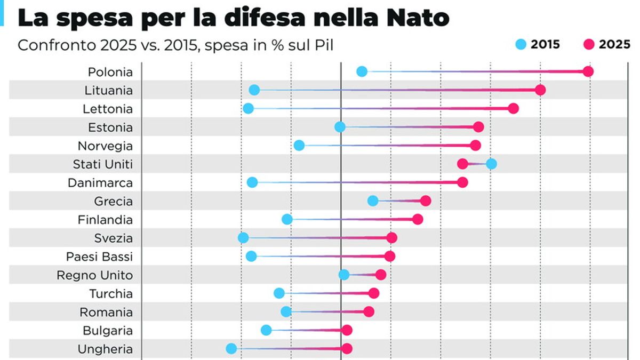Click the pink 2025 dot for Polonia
(x=588, y=71)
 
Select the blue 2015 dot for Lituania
(x=254, y=90)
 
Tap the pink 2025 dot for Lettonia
(x=513, y=108)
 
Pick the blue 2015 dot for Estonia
(x=340, y=127)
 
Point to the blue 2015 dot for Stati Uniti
(x=491, y=164)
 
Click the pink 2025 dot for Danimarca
(x=462, y=182)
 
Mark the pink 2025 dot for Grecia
(x=425, y=201)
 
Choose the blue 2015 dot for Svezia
(x=243, y=238)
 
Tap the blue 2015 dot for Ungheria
(x=231, y=349)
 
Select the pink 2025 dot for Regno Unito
(x=380, y=275)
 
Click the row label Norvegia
(x=105, y=146)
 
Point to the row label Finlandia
(x=105, y=220)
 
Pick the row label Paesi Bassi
(x=99, y=257)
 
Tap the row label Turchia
(x=111, y=293)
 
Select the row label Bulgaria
(x=108, y=331)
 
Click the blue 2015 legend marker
(x=521, y=45)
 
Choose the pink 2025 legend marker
(x=589, y=45)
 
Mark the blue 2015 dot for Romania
(x=286, y=311)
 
